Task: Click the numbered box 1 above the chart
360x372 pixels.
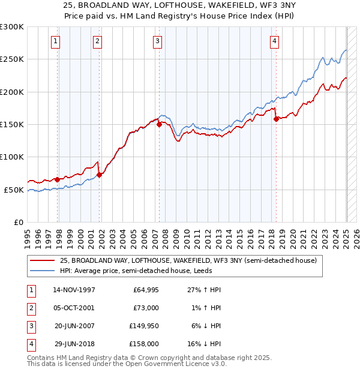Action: click(x=55, y=41)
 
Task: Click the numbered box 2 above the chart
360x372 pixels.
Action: click(x=97, y=41)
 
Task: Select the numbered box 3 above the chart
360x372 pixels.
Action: click(x=157, y=41)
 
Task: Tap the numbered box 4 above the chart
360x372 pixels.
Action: click(x=274, y=41)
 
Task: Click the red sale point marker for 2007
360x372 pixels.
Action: click(x=159, y=125)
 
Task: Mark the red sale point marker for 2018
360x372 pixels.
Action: click(x=277, y=119)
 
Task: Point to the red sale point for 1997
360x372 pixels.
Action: click(x=58, y=179)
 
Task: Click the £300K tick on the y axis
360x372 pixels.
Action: click(x=12, y=27)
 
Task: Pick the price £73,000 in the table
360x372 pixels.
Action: click(x=146, y=308)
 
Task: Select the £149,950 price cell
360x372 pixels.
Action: click(x=144, y=326)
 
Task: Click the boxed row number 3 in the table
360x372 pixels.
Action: click(x=30, y=326)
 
